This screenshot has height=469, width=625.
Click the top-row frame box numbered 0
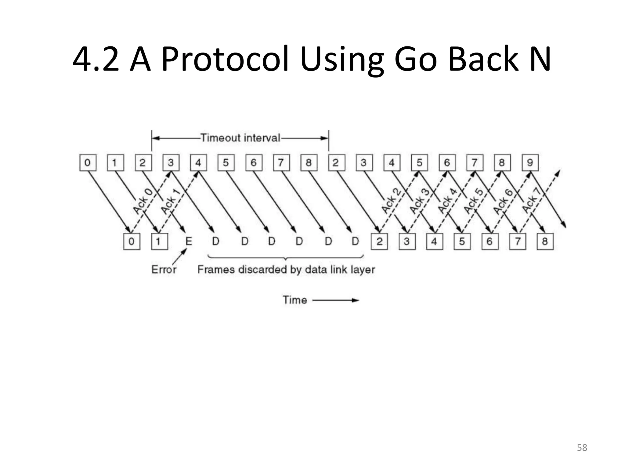click(x=88, y=162)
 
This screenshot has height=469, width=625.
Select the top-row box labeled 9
click(x=530, y=162)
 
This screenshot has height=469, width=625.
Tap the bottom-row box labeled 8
click(x=545, y=241)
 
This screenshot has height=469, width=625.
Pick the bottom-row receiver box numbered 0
click(x=132, y=241)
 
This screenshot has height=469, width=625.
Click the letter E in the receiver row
click(x=189, y=241)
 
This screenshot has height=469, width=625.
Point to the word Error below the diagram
click(x=164, y=269)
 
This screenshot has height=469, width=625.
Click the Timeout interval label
click(x=240, y=138)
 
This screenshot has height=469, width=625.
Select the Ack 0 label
click(x=143, y=201)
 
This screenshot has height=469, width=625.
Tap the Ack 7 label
click(x=531, y=200)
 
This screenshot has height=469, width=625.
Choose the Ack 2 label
click(x=391, y=201)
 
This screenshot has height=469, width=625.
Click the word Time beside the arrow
click(x=294, y=300)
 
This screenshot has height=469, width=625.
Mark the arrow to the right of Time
click(x=336, y=300)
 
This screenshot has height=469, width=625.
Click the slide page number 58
click(x=582, y=448)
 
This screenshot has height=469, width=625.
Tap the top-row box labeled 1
click(x=115, y=162)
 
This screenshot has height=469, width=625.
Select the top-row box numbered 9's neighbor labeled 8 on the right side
click(x=502, y=162)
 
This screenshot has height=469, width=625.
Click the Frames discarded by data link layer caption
click(x=286, y=269)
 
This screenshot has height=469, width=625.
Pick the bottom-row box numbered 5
click(x=462, y=241)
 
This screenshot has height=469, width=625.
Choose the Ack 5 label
click(x=474, y=201)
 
